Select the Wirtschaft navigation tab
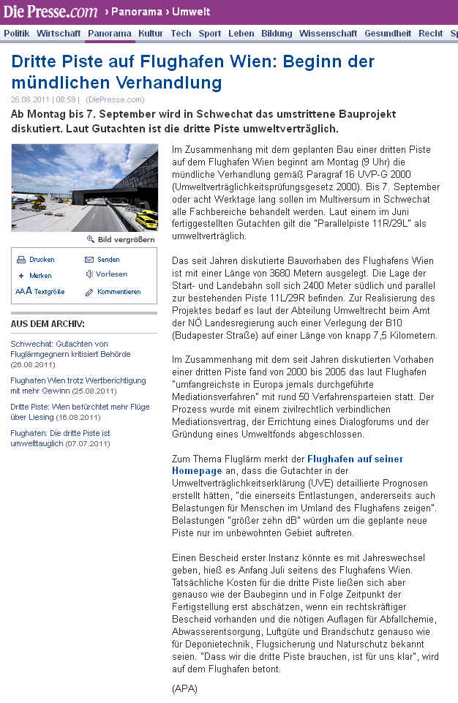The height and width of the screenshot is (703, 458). (59, 34)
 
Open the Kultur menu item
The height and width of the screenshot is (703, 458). (151, 34)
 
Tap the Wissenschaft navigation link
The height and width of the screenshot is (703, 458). (329, 34)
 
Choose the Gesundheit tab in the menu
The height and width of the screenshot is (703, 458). (388, 34)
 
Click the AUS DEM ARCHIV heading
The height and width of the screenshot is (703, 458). (48, 324)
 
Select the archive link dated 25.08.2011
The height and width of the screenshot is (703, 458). (78, 385)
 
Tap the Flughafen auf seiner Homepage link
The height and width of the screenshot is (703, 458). (288, 465)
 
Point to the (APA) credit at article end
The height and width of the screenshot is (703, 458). (184, 688)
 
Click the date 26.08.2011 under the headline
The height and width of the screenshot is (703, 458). (30, 99)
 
